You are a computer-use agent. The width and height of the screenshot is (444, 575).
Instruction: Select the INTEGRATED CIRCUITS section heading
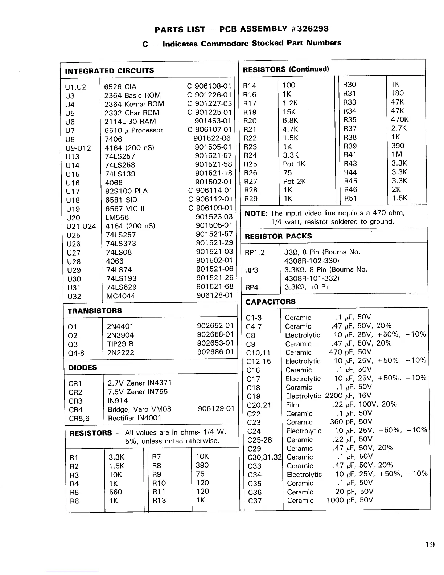coord(109,71)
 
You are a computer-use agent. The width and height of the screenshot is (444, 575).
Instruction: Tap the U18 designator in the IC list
coord(73,200)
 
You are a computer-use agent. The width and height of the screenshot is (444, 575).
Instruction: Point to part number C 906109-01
coord(210,208)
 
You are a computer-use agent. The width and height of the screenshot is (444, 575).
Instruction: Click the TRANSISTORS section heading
coord(95,311)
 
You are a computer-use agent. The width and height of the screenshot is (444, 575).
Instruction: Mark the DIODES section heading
coord(83,367)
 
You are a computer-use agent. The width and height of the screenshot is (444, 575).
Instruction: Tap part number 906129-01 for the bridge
coord(216,409)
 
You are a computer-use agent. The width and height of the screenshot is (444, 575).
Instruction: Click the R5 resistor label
coord(74,493)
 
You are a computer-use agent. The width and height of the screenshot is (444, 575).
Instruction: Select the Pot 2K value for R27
coord(294,181)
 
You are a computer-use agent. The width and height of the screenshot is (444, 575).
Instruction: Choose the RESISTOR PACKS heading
coord(278,236)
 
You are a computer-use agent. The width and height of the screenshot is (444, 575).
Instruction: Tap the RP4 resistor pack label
coord(252,287)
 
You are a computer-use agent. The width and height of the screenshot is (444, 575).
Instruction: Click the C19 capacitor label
coord(253,396)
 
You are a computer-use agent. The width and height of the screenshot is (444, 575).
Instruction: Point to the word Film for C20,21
coord(292,405)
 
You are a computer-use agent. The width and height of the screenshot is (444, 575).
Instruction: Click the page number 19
coord(430,545)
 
